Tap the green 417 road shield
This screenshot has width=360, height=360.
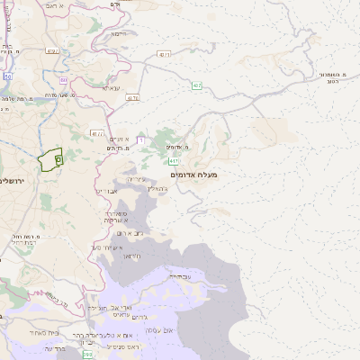tap(197, 86)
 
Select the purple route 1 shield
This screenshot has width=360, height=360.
tap(140, 139)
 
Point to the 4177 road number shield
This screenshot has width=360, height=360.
tap(97, 133)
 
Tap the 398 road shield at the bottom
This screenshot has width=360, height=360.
tap(87, 355)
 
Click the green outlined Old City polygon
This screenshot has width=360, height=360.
tap(50, 159)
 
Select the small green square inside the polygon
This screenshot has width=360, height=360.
tap(58, 158)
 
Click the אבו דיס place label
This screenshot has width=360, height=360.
tap(105, 192)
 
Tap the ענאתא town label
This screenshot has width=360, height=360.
tap(111, 87)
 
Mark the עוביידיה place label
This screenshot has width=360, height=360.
tap(179, 277)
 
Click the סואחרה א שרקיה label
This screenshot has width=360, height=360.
tap(115, 217)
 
